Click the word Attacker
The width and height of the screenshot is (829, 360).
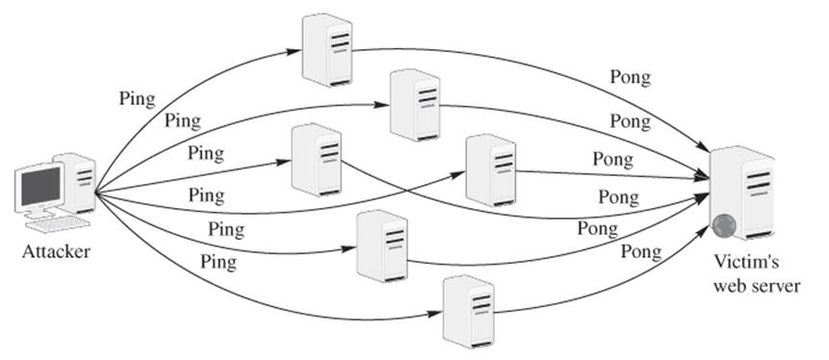[56, 251]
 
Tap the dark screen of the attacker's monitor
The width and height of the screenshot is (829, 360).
[40, 186]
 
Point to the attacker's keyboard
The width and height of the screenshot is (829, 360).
[58, 223]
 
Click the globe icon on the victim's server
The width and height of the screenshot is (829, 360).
[724, 226]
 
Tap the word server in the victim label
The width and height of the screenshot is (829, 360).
[774, 287]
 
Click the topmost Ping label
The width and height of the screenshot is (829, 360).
[138, 99]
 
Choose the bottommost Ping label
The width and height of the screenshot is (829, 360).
[219, 262]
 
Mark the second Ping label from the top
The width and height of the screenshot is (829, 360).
[183, 121]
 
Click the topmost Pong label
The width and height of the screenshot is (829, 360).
[631, 78]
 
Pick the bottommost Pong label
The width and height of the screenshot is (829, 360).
[641, 251]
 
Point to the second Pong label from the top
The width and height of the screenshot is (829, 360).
[631, 121]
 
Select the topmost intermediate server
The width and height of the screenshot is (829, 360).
[326, 50]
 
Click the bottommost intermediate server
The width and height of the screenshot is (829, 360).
[469, 311]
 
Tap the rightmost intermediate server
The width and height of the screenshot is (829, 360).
[491, 170]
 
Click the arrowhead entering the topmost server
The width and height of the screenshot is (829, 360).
[294, 52]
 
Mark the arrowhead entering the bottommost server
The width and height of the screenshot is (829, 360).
[434, 314]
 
